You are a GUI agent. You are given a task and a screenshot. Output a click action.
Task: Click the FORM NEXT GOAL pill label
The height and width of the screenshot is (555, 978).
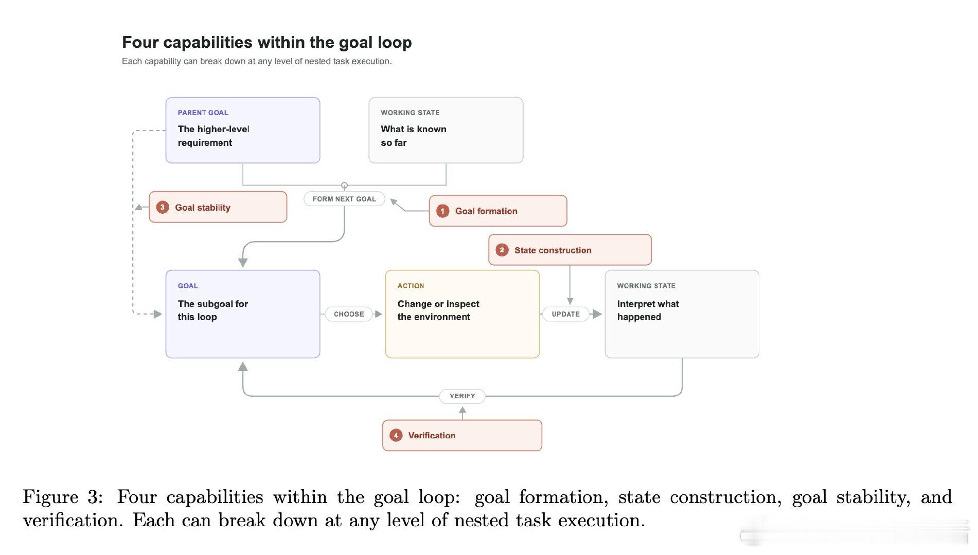click(x=344, y=199)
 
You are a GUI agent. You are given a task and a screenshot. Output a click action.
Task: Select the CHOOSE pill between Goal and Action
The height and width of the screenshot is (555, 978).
click(x=349, y=314)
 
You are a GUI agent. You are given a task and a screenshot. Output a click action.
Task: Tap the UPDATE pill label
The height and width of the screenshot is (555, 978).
click(x=565, y=314)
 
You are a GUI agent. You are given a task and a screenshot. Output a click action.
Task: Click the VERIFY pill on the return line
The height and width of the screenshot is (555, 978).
click(x=462, y=396)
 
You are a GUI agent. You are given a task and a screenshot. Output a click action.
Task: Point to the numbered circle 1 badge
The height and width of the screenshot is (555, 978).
click(x=442, y=211)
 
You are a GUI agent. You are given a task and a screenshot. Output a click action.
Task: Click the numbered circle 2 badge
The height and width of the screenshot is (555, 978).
click(x=502, y=250)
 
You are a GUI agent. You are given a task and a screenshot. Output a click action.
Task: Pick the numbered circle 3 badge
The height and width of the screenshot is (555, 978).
click(x=163, y=207)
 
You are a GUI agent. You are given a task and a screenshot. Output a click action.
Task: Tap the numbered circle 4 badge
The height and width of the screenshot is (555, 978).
click(x=396, y=435)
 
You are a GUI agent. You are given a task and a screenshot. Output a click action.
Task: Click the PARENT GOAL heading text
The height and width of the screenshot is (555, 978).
click(x=203, y=113)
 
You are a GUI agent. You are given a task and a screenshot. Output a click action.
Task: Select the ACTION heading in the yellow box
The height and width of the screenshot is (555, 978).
click(x=411, y=286)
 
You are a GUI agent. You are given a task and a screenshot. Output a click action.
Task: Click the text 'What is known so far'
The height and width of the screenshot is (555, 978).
click(x=414, y=136)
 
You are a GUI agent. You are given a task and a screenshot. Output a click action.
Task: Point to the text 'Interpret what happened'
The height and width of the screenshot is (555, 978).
click(x=648, y=310)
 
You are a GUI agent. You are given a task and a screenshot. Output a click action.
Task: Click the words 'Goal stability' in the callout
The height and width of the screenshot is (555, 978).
click(x=203, y=208)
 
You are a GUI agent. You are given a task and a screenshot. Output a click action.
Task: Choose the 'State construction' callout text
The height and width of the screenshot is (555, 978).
click(x=553, y=250)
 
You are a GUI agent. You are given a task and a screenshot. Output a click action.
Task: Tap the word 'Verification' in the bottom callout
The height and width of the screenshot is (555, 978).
click(x=432, y=435)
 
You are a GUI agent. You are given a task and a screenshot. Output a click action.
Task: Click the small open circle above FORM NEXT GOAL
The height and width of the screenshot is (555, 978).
click(x=344, y=186)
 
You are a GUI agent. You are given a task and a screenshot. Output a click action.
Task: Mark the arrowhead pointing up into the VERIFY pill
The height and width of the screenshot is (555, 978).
click(x=463, y=411)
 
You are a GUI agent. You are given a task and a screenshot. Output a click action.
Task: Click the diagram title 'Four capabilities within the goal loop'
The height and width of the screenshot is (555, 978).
click(x=267, y=42)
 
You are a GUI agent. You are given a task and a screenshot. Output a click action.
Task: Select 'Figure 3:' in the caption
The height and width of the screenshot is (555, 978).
click(x=63, y=497)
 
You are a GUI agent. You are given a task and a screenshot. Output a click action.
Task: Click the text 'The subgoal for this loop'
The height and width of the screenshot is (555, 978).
click(x=213, y=310)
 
